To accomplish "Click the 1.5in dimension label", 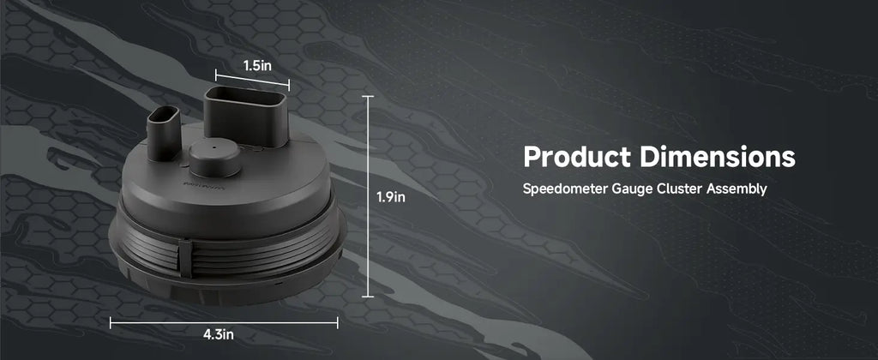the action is point(257,65).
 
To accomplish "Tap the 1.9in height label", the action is point(390,197).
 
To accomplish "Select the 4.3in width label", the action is point(219,335).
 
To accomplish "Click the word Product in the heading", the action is point(577,157).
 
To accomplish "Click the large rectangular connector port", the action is point(246,115).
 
